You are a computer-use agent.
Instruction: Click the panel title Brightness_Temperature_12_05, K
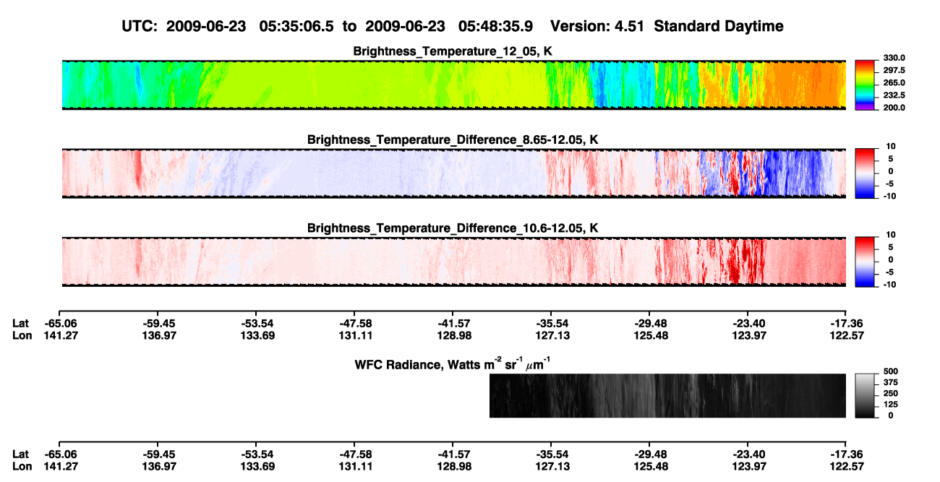pos(453,51)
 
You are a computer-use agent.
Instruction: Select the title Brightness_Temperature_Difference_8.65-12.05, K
pos(453,139)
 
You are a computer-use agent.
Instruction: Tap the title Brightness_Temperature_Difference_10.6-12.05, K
pos(453,228)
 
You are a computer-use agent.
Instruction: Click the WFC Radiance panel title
pos(452,364)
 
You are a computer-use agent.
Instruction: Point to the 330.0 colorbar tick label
pos(894,58)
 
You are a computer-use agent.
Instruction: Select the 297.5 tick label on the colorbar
pos(894,71)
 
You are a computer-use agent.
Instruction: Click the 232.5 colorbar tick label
pos(894,95)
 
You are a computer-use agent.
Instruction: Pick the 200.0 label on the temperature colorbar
pos(894,108)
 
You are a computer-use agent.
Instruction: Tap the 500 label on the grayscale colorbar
pos(891,371)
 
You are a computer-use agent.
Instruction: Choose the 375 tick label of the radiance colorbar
pos(891,382)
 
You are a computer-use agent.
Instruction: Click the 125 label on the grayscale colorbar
pos(891,405)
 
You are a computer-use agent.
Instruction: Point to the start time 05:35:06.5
pos(296,27)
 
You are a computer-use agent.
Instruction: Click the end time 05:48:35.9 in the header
pos(495,27)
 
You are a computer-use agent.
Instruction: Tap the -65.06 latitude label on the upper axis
pos(61,324)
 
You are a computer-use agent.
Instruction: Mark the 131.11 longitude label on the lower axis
pos(356,467)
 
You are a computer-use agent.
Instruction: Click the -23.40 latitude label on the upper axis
pos(749,324)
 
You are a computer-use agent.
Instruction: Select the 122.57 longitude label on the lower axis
pos(847,467)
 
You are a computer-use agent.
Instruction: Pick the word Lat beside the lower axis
pos(20,455)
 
